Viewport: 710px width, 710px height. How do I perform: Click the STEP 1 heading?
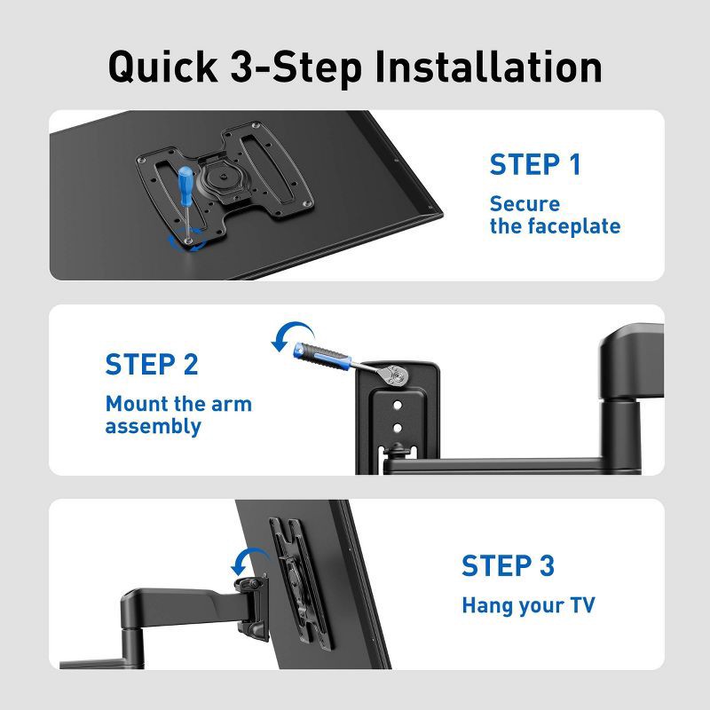click(535, 165)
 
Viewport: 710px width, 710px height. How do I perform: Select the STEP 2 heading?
click(152, 365)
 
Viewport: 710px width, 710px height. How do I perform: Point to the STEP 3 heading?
click(508, 565)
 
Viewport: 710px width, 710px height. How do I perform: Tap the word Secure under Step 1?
click(525, 204)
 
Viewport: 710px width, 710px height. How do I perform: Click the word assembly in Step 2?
click(153, 426)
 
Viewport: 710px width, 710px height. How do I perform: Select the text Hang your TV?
click(528, 606)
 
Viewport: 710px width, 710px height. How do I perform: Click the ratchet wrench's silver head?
click(400, 377)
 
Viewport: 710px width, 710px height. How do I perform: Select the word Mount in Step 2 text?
click(136, 404)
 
